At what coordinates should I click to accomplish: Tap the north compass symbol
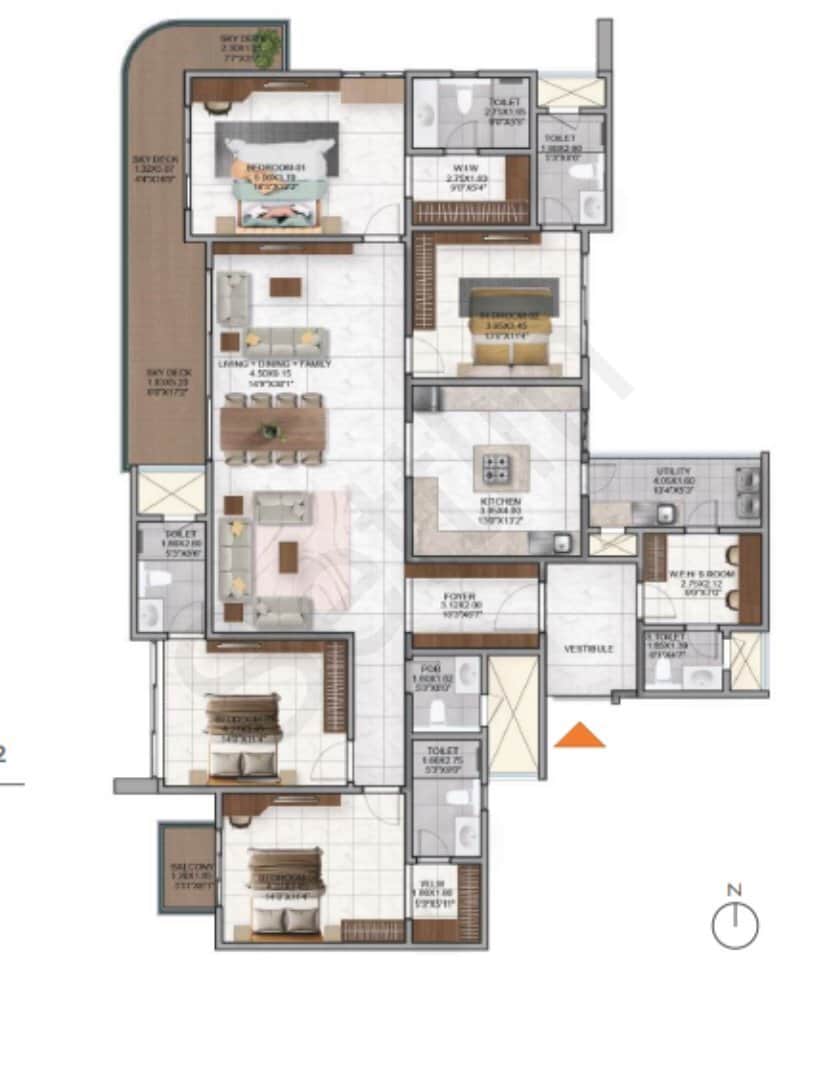pos(735,925)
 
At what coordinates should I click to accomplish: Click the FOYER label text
pos(459,597)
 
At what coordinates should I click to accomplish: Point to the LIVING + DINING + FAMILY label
pos(275,365)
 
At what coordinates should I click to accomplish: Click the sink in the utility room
pos(663,514)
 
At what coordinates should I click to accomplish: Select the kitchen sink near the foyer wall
pos(562,544)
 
